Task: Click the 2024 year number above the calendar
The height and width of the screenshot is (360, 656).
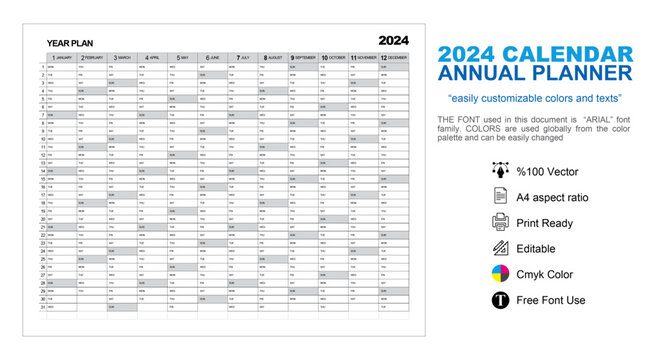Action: click(x=393, y=41)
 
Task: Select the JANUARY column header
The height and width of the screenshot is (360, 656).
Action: click(x=62, y=58)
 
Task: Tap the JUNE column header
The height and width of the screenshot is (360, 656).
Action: click(x=214, y=58)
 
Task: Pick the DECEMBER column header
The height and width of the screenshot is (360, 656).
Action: click(x=394, y=58)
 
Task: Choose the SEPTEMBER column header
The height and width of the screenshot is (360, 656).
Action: click(x=304, y=58)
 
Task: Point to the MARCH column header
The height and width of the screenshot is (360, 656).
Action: click(x=123, y=58)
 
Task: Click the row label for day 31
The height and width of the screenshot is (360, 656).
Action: click(x=43, y=307)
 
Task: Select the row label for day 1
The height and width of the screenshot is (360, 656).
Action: click(x=43, y=66)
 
